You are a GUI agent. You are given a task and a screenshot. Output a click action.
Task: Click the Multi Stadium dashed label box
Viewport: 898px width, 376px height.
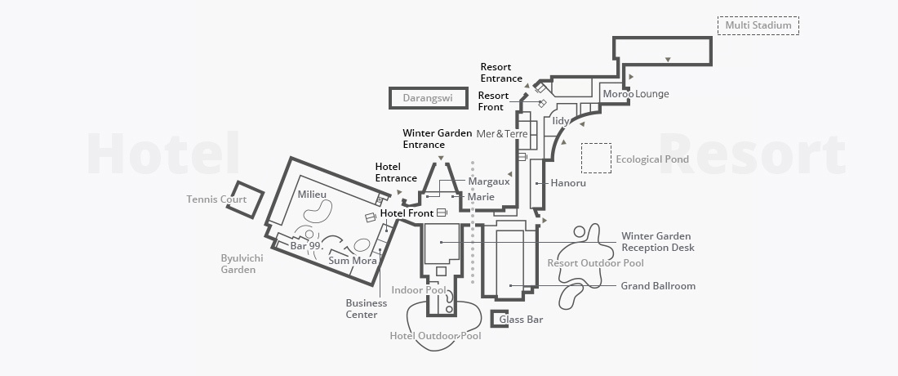[758, 25]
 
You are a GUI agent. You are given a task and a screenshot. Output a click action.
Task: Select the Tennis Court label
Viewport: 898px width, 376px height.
[216, 199]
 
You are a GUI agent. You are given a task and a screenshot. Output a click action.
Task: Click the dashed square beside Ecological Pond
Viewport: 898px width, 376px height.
[596, 159]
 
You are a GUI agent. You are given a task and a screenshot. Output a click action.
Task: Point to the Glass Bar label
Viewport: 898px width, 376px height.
[522, 320]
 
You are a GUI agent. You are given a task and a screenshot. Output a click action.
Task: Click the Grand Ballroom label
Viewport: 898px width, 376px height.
[658, 286]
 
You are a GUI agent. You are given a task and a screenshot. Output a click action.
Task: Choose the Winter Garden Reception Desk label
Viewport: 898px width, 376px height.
[657, 242]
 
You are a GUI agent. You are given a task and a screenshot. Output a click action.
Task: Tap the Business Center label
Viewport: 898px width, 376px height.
[366, 309]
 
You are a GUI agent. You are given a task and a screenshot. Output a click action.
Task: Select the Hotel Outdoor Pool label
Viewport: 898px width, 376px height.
[435, 336]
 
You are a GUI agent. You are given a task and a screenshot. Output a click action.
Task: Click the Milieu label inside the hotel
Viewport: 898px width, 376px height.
[312, 195]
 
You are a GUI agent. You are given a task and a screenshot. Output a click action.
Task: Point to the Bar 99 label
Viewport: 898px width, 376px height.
[307, 245]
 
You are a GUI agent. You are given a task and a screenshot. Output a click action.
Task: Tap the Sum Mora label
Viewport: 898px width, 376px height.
[353, 261]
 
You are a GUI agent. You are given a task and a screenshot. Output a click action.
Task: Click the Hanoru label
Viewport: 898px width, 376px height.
[568, 183]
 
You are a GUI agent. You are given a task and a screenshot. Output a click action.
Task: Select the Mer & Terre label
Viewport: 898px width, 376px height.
[502, 133]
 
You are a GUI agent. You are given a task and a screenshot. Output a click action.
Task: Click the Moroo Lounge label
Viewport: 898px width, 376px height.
[635, 94]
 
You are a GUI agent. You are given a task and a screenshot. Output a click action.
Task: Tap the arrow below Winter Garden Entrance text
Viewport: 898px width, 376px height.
[441, 157]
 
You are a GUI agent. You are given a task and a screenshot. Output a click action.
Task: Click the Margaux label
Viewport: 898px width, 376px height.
[488, 181]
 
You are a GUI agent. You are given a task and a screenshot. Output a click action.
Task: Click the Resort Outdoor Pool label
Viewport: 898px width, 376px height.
[595, 263]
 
